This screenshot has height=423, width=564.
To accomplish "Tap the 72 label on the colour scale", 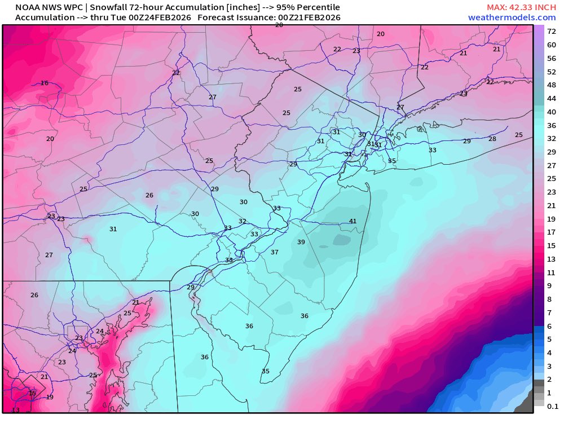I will pyautogui.click(x=552, y=32).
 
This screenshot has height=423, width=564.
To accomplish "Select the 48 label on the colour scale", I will pyautogui.click(x=552, y=85).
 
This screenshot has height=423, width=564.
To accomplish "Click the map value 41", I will pyautogui.click(x=353, y=221).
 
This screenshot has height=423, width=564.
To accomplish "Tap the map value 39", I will pyautogui.click(x=301, y=242).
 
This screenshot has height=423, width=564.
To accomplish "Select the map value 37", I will pyautogui.click(x=275, y=252).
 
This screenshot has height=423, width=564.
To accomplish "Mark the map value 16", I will pyautogui.click(x=45, y=83).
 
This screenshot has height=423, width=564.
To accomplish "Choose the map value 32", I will pyautogui.click(x=243, y=221).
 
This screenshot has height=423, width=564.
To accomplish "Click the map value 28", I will pyautogui.click(x=492, y=139).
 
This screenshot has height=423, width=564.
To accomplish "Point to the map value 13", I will pyautogui.click(x=15, y=410).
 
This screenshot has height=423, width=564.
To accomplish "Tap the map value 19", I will pyautogui.click(x=50, y=397).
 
